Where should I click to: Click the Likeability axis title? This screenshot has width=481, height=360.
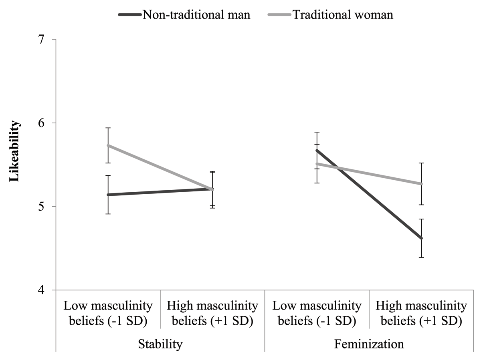pos(14,152)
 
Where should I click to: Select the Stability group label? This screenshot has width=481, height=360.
pos(160,344)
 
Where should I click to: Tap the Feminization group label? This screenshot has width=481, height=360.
pos(369,344)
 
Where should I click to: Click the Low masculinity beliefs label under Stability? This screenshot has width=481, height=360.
pos(108,314)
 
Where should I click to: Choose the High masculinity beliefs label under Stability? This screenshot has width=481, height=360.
pos(212,314)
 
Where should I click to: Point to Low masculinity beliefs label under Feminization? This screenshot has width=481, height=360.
pos(317,314)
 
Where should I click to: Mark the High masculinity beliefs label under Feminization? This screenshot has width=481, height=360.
pos(421,314)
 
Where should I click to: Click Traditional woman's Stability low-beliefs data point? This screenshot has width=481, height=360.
pos(108,145)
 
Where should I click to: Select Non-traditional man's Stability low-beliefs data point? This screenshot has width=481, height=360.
pos(108,195)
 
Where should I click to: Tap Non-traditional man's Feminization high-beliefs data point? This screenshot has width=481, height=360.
pos(421,238)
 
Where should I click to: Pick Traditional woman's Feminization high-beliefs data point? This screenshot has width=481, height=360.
pos(421,184)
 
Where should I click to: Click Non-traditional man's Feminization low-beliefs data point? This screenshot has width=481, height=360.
pos(317,150)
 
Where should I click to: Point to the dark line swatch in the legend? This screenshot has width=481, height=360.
pos(129,15)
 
